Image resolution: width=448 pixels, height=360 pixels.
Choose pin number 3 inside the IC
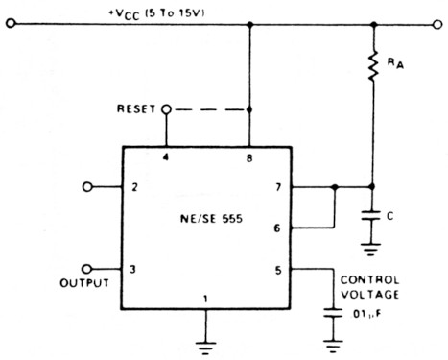(x=136, y=270)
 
